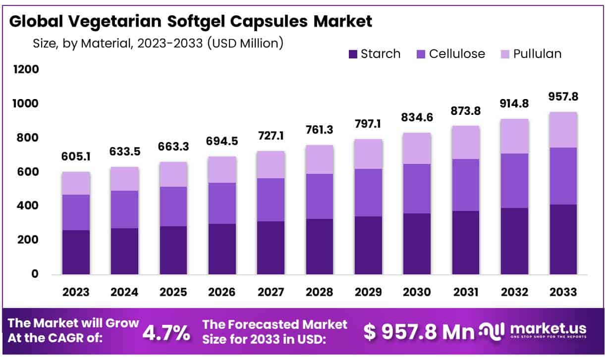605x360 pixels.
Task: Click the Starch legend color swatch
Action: click(x=353, y=54)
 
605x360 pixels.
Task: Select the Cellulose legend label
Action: click(x=457, y=54)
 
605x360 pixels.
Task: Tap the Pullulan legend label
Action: click(x=537, y=54)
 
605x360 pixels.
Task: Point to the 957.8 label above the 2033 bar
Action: click(x=563, y=96)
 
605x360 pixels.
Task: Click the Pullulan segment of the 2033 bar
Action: click(x=563, y=130)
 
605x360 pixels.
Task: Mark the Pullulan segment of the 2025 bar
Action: click(x=173, y=174)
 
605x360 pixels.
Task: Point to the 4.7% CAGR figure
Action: click(x=166, y=333)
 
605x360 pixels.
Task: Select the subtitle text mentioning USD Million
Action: click(x=158, y=43)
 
